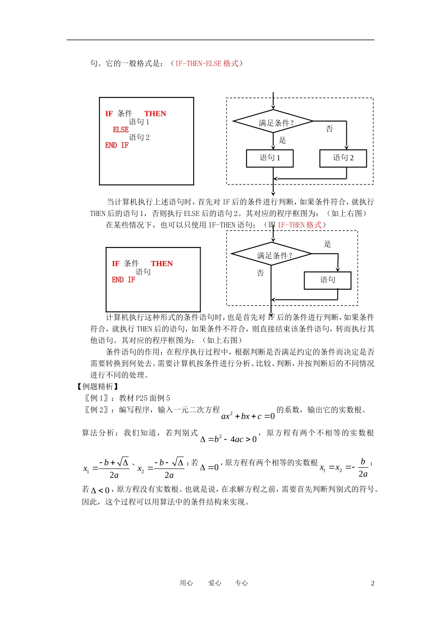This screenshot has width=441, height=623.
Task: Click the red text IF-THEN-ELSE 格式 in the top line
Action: [x=207, y=64]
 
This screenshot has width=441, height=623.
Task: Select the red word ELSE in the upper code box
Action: [x=121, y=130]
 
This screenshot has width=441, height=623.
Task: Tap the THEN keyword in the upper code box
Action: [x=155, y=114]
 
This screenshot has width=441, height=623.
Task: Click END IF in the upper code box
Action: [x=117, y=146]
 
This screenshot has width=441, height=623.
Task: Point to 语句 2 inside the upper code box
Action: [x=139, y=138]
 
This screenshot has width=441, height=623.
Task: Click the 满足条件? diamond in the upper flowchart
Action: [x=274, y=122]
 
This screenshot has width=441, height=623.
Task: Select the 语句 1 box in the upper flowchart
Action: [x=270, y=158]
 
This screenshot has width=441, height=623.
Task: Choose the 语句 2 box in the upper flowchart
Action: [x=343, y=158]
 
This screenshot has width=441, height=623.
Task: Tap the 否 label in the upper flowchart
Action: [x=329, y=129]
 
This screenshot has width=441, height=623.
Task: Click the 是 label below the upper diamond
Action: [x=282, y=140]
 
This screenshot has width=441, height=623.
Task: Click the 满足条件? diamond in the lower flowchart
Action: [x=272, y=255]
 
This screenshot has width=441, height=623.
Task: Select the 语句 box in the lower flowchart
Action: [x=328, y=280]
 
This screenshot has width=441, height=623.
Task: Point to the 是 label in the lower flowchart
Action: [x=327, y=244]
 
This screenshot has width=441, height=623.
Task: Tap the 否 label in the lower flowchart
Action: [x=260, y=273]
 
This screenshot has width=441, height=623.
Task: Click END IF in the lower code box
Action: [x=123, y=280]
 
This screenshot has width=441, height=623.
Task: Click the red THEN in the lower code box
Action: [x=162, y=264]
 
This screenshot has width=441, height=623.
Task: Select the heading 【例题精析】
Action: [x=97, y=387]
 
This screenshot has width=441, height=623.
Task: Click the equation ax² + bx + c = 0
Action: [x=248, y=415]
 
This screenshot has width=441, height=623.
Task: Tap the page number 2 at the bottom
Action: [x=372, y=584]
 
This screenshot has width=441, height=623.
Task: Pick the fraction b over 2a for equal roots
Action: [x=363, y=468]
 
